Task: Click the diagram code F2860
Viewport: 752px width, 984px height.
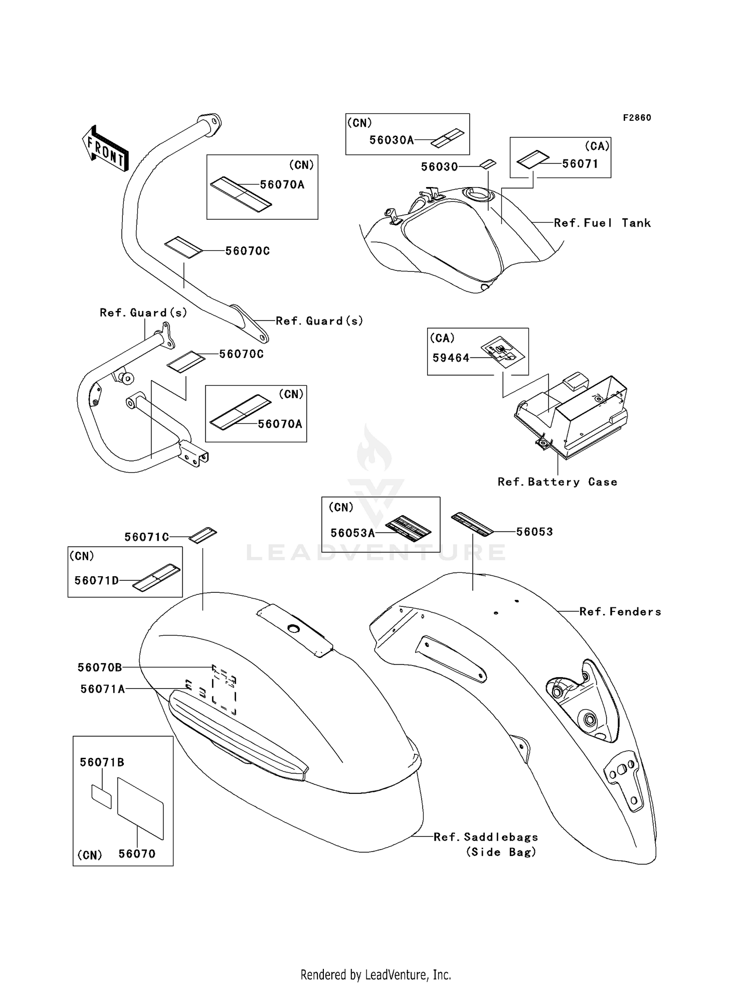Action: [x=637, y=118]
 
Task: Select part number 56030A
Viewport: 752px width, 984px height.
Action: [x=392, y=140]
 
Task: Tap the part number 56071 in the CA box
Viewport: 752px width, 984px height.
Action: [x=580, y=163]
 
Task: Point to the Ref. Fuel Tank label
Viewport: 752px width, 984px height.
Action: [x=602, y=223]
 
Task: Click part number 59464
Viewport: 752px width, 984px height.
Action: [x=451, y=358]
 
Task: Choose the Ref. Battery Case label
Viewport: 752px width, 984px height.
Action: [x=557, y=482]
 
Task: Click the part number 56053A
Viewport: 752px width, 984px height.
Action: [x=353, y=533]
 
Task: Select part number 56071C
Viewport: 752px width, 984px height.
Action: [x=147, y=537]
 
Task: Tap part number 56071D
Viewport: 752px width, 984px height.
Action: [x=97, y=580]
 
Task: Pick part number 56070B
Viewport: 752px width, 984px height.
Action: [x=100, y=668]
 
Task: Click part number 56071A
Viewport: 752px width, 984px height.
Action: [x=103, y=689]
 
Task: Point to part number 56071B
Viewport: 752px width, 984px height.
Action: [x=102, y=762]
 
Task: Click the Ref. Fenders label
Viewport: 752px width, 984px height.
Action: [x=620, y=612]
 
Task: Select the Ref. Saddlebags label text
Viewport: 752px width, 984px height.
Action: [x=486, y=837]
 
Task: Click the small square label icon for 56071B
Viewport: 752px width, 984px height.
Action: [x=101, y=797]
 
